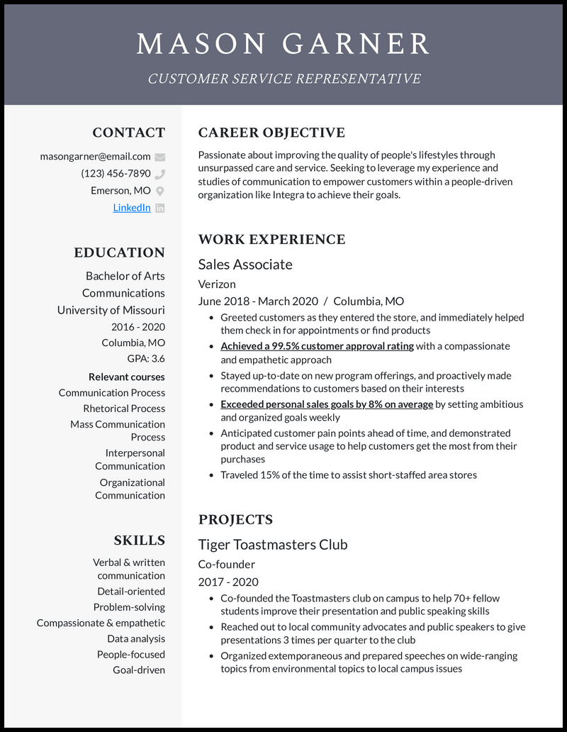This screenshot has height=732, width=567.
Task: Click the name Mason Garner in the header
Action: coord(283,43)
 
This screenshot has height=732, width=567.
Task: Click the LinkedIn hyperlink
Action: coord(132,208)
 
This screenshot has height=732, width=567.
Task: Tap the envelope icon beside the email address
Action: coord(160,157)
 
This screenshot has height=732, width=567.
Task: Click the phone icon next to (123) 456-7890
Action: coord(160,174)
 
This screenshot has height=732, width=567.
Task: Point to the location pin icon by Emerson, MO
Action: coord(160,191)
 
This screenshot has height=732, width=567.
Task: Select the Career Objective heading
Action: coord(271,133)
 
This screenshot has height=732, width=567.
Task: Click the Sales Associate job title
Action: coord(245,265)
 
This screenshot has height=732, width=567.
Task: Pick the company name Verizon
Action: coord(217,284)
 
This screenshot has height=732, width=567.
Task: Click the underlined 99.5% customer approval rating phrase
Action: coord(317,346)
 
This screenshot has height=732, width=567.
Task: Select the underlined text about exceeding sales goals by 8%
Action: coord(327,404)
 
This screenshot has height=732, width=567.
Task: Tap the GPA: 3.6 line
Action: coord(146,359)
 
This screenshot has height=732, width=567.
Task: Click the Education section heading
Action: coord(119,253)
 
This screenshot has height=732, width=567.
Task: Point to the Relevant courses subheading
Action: coord(127,377)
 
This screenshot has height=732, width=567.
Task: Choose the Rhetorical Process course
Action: coord(124,409)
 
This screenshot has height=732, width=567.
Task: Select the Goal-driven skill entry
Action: coord(139,670)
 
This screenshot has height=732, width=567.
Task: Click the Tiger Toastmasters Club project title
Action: coord(273,545)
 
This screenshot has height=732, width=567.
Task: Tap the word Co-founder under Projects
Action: coord(227,565)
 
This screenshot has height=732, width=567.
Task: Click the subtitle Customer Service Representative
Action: coord(283,79)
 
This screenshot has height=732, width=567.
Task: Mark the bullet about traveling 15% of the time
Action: coord(348,475)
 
